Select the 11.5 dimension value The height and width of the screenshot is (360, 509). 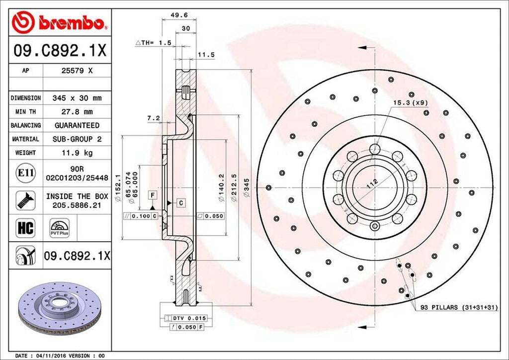point(206,55)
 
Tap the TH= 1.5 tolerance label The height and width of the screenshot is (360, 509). point(154,43)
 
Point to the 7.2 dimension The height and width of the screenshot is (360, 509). point(153,118)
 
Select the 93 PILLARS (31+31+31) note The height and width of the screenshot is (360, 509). point(459,308)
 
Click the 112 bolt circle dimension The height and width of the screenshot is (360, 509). point(370,182)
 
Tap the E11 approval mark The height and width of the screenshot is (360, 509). point(25,173)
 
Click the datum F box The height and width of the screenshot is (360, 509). point(153,194)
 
